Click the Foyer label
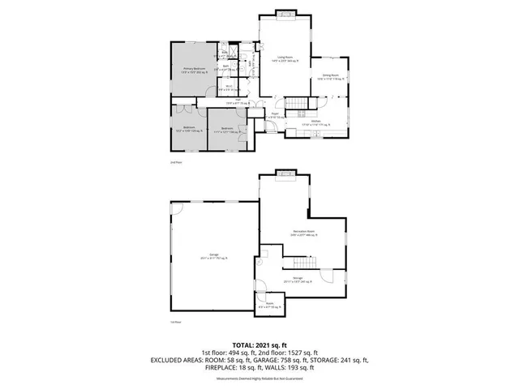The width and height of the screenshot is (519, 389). [x=264, y=116]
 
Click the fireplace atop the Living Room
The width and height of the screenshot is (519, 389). [x=285, y=12]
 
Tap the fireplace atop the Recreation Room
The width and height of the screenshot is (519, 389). [x=285, y=172]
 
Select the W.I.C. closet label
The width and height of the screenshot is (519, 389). [x=230, y=86]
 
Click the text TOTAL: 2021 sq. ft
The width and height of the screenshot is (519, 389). [x=259, y=345]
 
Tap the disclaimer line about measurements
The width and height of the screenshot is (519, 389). [x=259, y=378]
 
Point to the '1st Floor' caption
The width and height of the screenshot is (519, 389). [x=174, y=323]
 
